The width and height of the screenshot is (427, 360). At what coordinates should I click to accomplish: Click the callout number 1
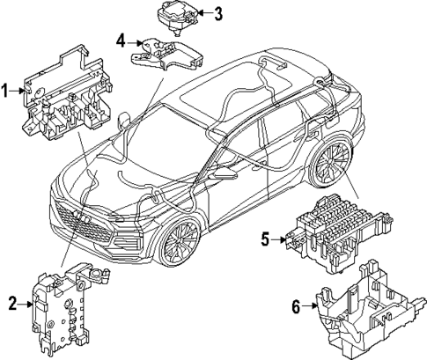6,90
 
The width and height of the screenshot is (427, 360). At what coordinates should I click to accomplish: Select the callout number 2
12,304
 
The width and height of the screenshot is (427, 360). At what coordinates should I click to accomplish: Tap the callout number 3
217,13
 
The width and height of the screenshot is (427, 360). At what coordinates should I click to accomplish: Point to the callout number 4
121,40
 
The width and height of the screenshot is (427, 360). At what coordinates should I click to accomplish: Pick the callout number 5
264,238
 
